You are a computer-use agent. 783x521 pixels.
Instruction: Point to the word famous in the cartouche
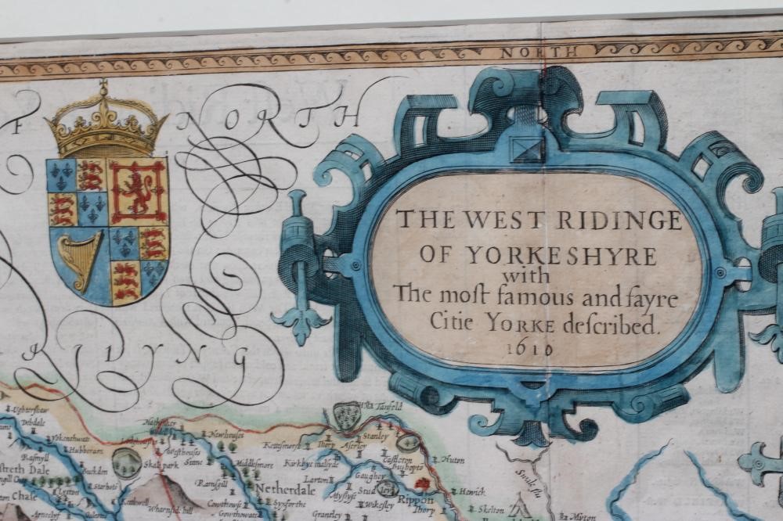pos(511,297)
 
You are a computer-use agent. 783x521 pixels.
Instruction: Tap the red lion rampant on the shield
pos(139,192)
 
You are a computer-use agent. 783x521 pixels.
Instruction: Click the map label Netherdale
pos(284,490)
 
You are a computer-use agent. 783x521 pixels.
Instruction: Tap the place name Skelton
pos(490,508)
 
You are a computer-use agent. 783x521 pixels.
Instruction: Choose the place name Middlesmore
pos(254,464)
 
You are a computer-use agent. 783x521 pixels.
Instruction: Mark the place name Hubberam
pos(85,450)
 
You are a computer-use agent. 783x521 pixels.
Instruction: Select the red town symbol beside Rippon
pos(423,484)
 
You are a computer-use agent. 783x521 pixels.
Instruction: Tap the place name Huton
pos(452,460)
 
